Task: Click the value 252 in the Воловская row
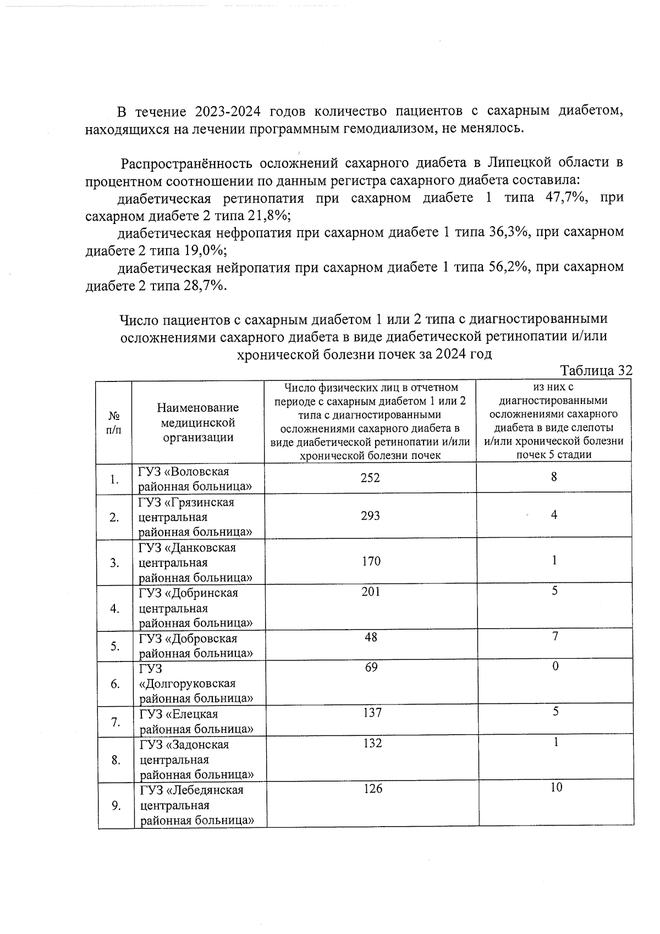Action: coord(370,478)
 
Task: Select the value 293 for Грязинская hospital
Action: coord(370,516)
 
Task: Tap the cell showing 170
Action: coord(371,561)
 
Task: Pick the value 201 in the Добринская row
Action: coord(371,592)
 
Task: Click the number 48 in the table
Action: coord(371,637)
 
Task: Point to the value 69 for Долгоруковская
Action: coord(371,667)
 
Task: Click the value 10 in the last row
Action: coord(556,788)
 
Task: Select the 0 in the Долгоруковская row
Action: coord(555,667)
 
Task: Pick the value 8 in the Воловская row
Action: coord(554,477)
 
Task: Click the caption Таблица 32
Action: coord(596,370)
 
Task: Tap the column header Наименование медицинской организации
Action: coord(197,423)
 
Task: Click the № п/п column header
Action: coord(114,423)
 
